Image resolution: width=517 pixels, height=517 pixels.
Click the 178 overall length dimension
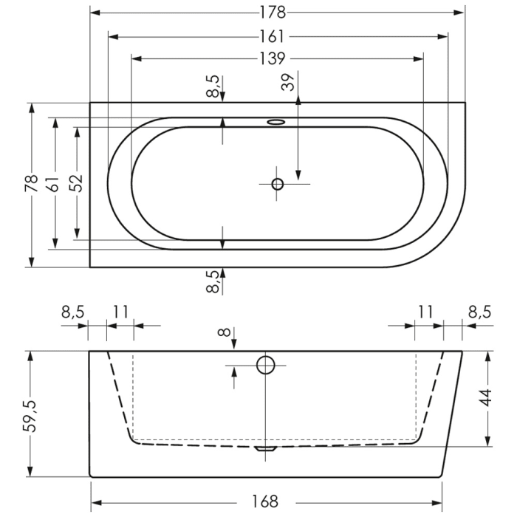[277, 13]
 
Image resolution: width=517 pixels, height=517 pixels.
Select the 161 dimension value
[277, 36]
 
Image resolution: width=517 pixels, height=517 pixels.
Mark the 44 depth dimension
[486, 399]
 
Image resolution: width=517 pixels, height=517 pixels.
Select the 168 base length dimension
[264, 502]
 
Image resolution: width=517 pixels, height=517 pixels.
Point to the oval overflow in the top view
[276, 122]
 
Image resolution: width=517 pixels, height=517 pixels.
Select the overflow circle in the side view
[264, 364]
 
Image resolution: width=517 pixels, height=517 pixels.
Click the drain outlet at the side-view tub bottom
[264, 448]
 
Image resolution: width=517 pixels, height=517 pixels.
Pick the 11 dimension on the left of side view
[120, 312]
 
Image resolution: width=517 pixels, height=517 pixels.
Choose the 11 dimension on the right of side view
[424, 312]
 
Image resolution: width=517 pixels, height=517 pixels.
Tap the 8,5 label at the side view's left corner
[73, 312]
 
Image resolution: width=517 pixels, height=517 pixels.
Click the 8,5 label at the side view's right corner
[479, 312]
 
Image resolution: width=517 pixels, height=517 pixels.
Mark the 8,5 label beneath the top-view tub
[213, 282]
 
